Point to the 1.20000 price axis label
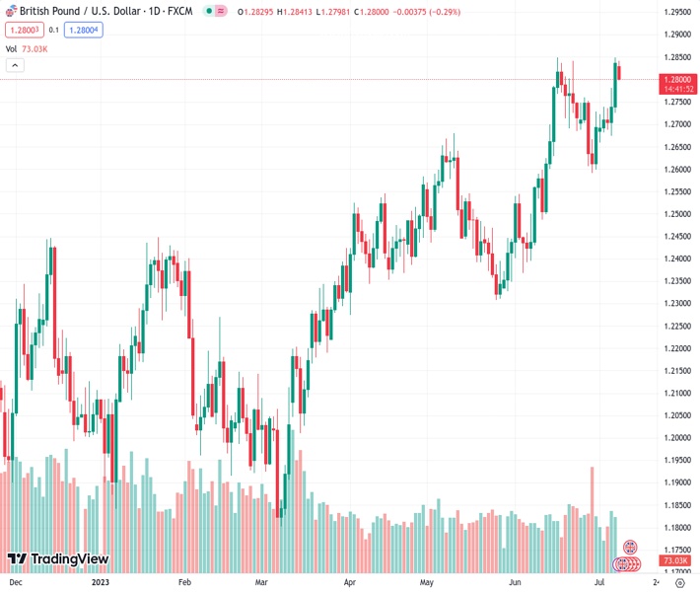[x=677, y=438]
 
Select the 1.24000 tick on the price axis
[x=677, y=259]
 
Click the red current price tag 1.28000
[x=679, y=79]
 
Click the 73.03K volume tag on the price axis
[x=678, y=559]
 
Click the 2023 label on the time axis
[x=100, y=583]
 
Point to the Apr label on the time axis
[x=349, y=583]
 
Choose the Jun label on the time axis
[x=516, y=583]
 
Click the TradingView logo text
[x=69, y=559]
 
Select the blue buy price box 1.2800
[x=84, y=30]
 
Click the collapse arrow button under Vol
[x=15, y=65]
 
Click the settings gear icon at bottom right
[x=678, y=583]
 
